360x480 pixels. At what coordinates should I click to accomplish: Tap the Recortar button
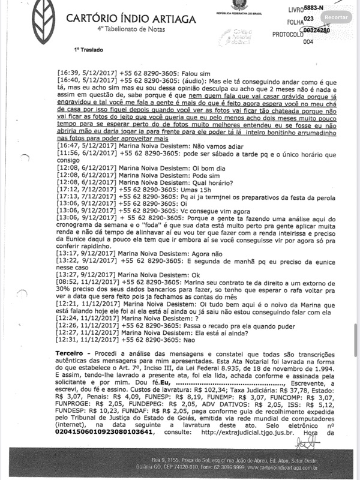pyautogui.click(x=340, y=18)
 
